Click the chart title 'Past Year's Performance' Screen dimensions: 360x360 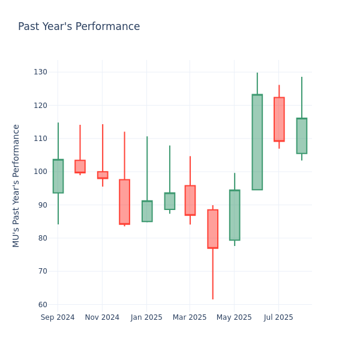(79, 27)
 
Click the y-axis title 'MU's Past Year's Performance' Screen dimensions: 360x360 (17, 185)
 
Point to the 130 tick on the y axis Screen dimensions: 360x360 (40, 72)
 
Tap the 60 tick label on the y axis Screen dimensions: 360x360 (42, 304)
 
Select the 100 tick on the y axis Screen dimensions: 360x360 (40, 172)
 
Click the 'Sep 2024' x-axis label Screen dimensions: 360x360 (58, 317)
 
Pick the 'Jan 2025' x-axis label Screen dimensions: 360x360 (146, 317)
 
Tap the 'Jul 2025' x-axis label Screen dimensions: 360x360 (278, 317)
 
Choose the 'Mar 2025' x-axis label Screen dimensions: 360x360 (190, 317)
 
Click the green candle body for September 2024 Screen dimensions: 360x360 (58, 176)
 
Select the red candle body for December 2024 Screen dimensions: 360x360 (124, 202)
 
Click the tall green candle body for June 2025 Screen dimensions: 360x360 (257, 142)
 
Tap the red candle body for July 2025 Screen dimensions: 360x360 (279, 119)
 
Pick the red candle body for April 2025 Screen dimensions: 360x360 (212, 229)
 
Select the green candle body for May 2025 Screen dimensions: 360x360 (235, 215)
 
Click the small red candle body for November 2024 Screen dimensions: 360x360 (103, 175)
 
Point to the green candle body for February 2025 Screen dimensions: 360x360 (169, 201)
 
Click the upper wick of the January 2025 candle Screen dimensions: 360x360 (147, 169)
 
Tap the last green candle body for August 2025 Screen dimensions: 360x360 (301, 136)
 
